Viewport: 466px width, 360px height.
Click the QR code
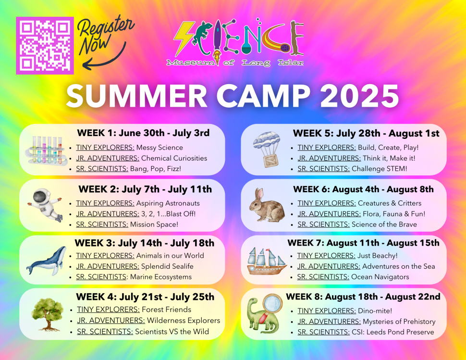[x=45, y=46]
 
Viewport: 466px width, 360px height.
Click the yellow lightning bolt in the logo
[x=184, y=38]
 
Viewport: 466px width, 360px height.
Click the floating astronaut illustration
[x=45, y=205]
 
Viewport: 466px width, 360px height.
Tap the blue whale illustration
[x=46, y=261]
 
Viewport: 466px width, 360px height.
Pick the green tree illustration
[x=47, y=314]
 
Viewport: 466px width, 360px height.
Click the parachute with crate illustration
[x=267, y=149]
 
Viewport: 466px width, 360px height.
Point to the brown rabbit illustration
[x=267, y=205]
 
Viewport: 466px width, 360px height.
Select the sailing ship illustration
[x=267, y=261]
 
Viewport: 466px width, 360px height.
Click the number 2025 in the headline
[x=359, y=96]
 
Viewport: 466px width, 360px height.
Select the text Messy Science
[x=159, y=148]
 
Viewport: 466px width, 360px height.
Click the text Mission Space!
[x=154, y=224]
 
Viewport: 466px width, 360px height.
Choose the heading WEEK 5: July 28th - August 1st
[x=366, y=134]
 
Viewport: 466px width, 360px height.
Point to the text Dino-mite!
[x=375, y=311]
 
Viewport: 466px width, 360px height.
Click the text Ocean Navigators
[x=380, y=277]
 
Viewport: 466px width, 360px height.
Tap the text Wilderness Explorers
[x=184, y=321]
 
